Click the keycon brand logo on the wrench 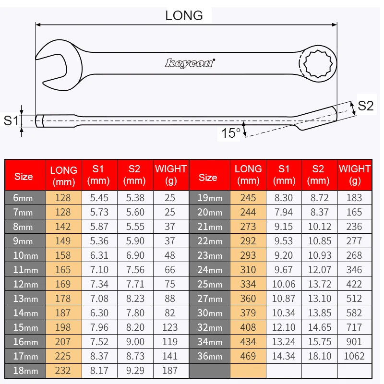[x=190, y=63]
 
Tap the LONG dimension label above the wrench [x=184, y=16]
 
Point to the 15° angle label [x=231, y=133]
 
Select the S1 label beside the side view [x=11, y=120]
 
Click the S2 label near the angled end [x=366, y=106]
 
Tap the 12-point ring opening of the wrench [x=318, y=64]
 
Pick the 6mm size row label [x=23, y=198]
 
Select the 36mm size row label [x=210, y=356]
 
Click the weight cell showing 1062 [x=354, y=356]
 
